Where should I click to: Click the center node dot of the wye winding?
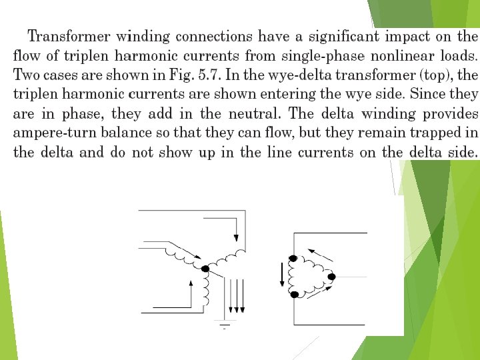205,269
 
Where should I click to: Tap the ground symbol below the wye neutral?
224,325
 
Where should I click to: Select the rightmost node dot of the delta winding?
331,276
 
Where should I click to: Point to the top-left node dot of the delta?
293,258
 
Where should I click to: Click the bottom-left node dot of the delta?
293,294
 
